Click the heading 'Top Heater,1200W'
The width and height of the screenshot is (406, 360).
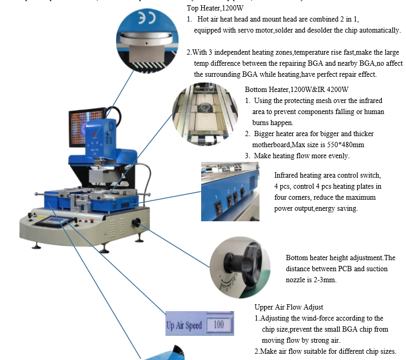tap(215, 8)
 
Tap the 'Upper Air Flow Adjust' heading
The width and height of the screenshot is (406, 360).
tap(288, 307)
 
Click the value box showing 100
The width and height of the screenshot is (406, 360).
tap(218, 325)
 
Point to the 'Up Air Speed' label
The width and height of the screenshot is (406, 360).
tap(184, 325)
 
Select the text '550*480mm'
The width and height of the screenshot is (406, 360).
tap(347, 145)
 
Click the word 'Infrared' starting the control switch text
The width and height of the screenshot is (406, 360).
tap(288, 176)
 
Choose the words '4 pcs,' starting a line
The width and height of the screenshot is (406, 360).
tap(284, 187)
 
